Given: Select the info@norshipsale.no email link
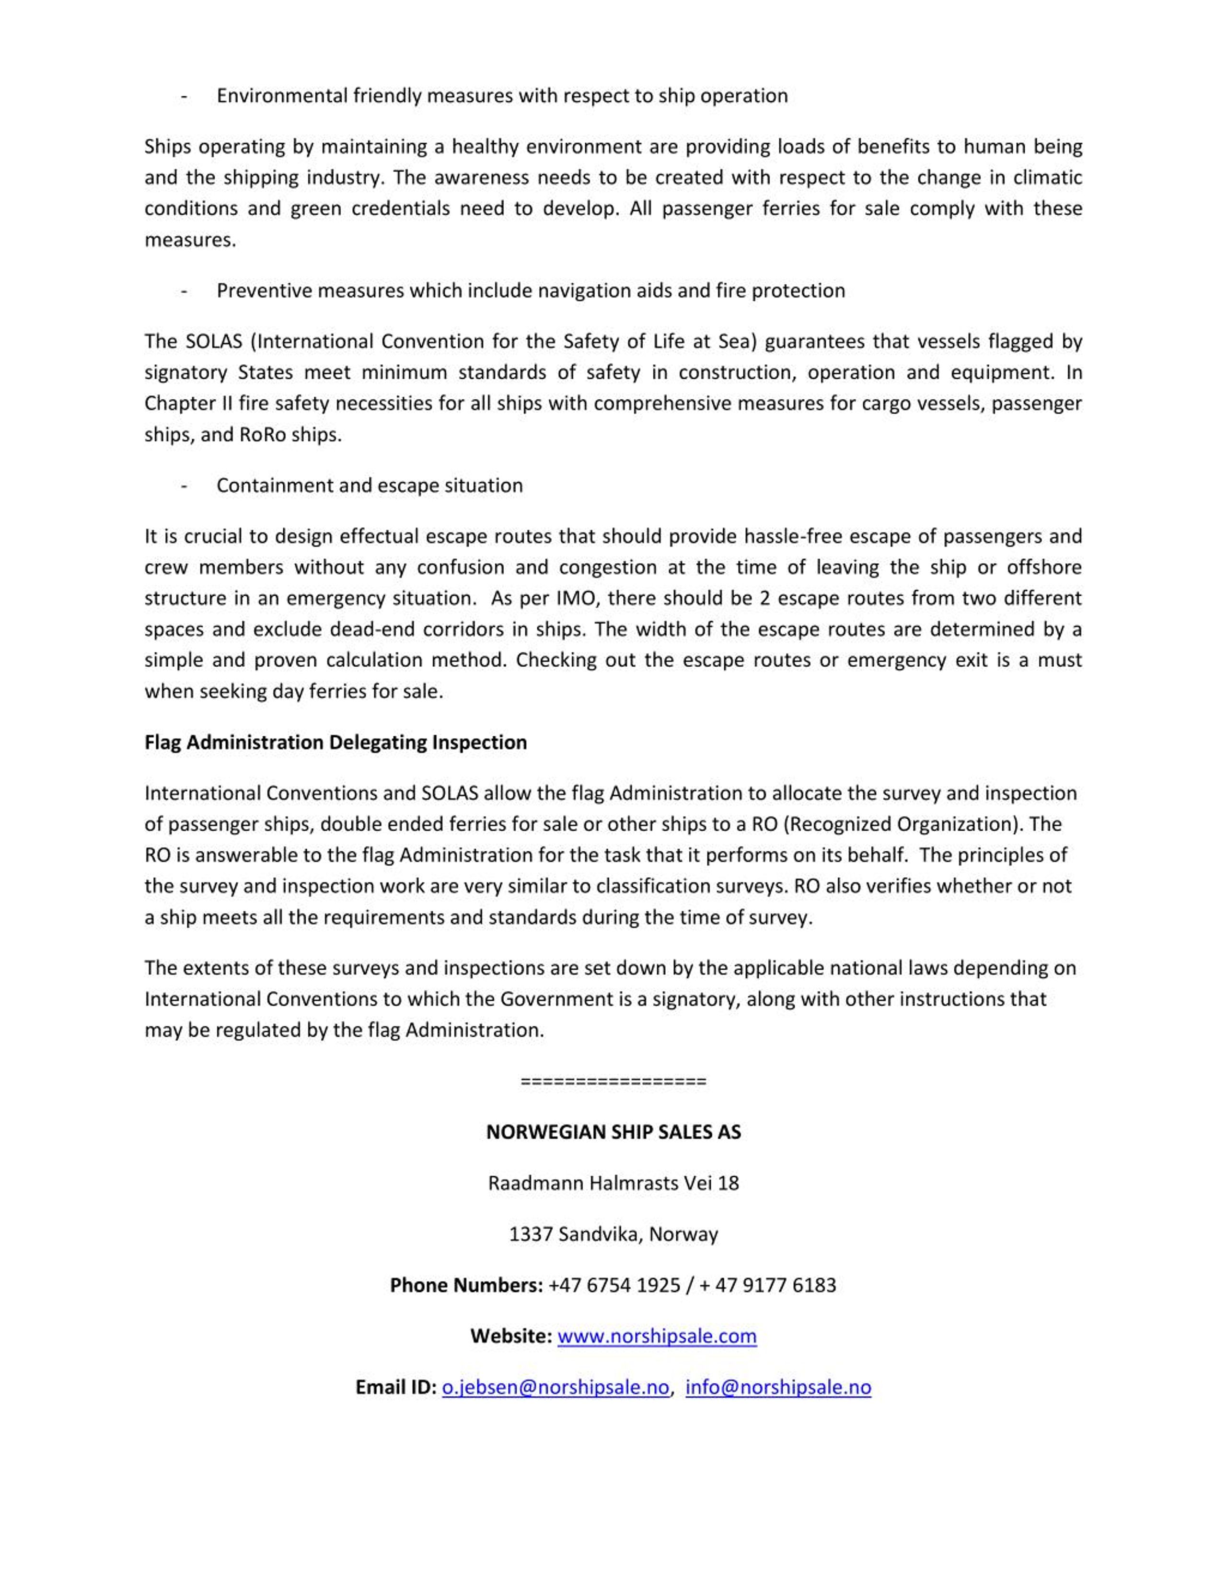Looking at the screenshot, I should (778, 1387).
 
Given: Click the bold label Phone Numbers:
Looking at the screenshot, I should (466, 1285).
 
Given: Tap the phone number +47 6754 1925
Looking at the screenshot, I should (614, 1285).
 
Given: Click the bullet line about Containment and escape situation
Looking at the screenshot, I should (369, 485).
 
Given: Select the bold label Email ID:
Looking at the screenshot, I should (395, 1387).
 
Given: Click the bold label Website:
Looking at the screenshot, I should (511, 1336).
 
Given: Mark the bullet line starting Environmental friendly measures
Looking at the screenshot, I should (501, 96).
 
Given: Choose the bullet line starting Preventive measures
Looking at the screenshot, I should (531, 291).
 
